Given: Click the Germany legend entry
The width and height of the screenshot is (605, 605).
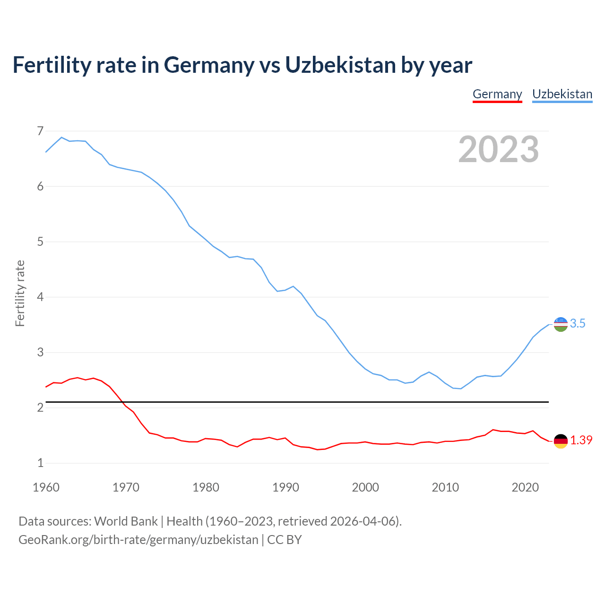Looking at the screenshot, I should (497, 94).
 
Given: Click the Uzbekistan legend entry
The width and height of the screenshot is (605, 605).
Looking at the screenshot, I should (562, 94).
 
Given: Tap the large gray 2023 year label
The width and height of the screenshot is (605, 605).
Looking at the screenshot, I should (498, 149).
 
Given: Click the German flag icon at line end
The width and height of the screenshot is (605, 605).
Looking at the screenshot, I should (561, 441).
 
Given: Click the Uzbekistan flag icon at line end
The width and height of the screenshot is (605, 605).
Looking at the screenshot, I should (561, 324).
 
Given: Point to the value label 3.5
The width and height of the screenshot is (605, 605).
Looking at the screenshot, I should (578, 324).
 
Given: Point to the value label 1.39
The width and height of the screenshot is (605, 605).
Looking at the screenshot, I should (581, 441).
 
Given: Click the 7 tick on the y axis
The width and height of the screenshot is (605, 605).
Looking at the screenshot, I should (40, 131).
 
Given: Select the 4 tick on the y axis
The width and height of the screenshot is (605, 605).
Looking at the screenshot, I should (40, 297).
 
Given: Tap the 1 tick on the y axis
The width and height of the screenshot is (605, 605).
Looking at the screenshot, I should (40, 463).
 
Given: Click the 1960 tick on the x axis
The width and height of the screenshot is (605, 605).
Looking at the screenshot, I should (46, 487).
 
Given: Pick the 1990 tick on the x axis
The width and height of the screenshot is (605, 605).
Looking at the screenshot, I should (285, 487).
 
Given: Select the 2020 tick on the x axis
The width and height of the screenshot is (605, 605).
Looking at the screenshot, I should (525, 487).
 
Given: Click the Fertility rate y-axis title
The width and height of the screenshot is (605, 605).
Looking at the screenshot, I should (20, 293).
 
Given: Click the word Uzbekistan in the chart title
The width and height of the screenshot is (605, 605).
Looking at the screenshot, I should (340, 65).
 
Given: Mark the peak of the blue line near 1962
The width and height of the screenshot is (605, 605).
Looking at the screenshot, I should (61, 137).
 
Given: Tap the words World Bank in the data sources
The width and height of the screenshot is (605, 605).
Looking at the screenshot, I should (126, 521).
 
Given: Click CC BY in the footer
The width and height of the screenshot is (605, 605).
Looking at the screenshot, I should (285, 540).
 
